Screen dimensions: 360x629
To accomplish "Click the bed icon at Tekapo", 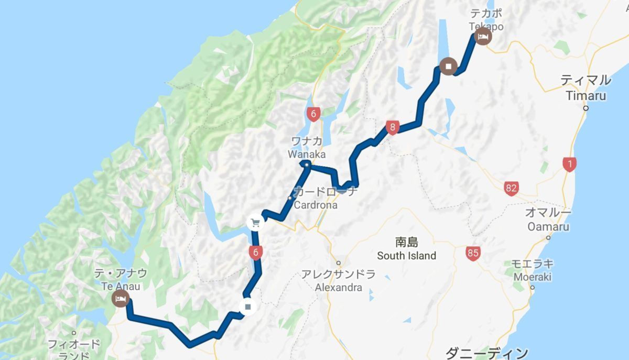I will (483, 37).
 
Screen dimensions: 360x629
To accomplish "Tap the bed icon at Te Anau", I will (121, 299).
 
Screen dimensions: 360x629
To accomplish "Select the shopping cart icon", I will (255, 222).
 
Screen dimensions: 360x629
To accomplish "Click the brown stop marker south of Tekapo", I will (449, 67).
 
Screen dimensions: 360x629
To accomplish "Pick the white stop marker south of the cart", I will (248, 306).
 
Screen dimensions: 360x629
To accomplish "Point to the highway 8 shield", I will (393, 127).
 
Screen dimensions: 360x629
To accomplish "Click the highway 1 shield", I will (569, 165).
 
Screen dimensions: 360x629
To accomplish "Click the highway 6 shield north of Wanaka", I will (313, 114).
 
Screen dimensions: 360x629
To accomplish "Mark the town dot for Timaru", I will (585, 108).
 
